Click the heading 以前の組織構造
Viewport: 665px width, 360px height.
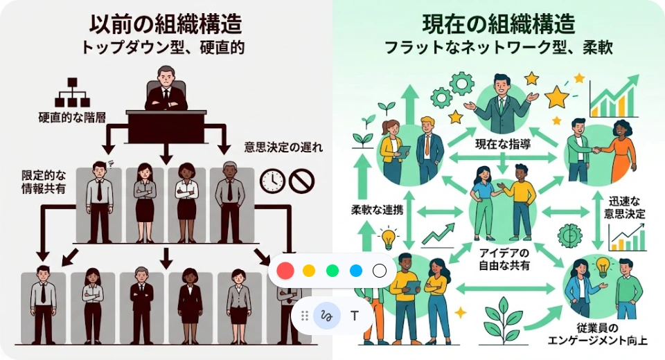[x=166, y=24]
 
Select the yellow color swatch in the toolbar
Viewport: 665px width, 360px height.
[x=309, y=271]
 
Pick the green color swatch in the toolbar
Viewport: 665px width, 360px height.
[x=332, y=271]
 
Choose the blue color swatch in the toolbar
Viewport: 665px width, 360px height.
[x=356, y=271]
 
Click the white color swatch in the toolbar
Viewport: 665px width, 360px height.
[x=379, y=271]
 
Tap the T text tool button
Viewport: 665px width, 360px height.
[x=355, y=316]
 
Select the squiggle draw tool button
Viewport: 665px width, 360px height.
[x=326, y=316]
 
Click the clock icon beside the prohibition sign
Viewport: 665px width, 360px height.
[x=272, y=181]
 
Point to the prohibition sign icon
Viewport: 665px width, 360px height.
[x=302, y=181]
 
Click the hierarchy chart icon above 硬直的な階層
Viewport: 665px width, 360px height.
[x=72, y=93]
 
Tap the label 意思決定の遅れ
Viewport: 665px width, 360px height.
[x=283, y=147]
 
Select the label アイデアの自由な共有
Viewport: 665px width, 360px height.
[x=504, y=258]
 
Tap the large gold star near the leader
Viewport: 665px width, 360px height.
[x=556, y=98]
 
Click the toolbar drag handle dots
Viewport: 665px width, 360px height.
[x=305, y=316]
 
